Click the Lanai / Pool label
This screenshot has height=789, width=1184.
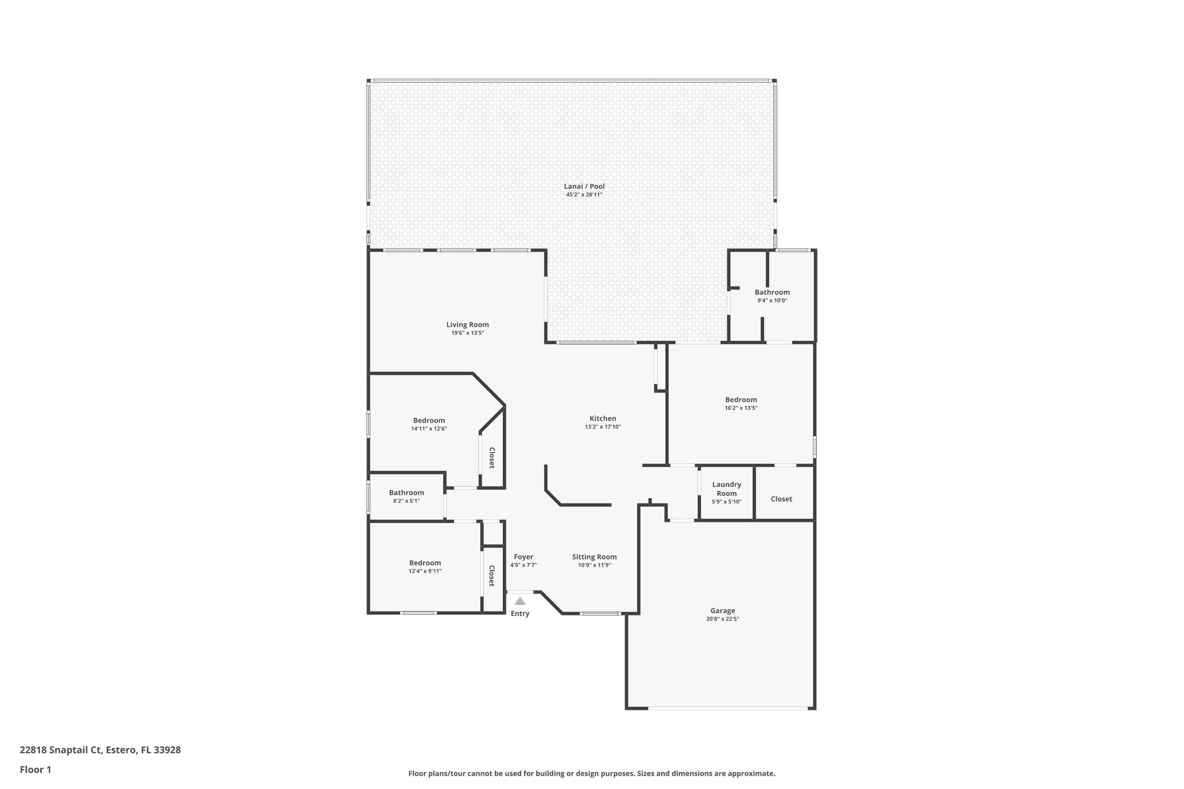[x=584, y=186]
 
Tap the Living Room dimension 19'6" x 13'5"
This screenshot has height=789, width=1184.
[x=467, y=333]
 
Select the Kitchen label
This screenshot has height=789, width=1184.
[x=602, y=418]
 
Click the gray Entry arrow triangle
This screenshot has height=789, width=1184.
[x=520, y=601]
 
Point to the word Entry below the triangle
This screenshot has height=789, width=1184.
[x=520, y=613]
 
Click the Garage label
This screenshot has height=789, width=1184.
[x=722, y=610]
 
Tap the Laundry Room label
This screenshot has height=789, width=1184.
[x=726, y=489]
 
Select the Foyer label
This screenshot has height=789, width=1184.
[x=523, y=557]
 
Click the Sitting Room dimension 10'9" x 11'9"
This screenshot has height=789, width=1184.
[x=594, y=565]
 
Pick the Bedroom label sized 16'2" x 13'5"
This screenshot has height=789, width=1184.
[x=741, y=399]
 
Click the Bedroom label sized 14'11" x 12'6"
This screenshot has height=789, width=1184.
[x=428, y=420]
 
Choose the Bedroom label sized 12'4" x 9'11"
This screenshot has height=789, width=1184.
[x=425, y=562]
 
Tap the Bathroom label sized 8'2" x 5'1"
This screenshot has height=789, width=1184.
[x=406, y=492]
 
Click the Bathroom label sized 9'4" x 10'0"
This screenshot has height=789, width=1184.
[x=772, y=292]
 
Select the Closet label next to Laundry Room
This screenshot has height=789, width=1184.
[x=781, y=499]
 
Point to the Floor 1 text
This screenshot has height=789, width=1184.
[x=35, y=769]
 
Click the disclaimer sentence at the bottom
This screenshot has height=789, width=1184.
[x=591, y=773]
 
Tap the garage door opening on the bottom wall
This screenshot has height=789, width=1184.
[x=728, y=708]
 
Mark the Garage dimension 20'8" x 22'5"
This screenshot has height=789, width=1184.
[x=722, y=619]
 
